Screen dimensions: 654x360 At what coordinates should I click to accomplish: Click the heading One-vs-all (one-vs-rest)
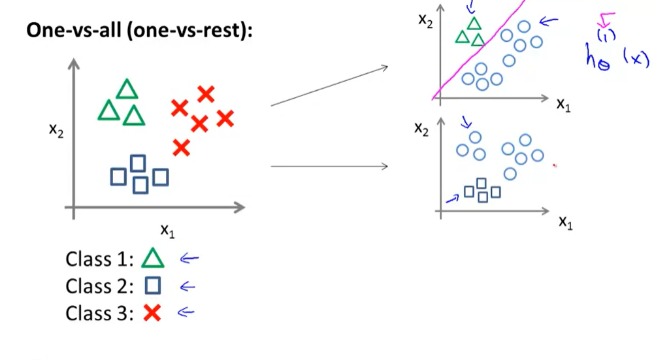pyautogui.click(x=139, y=31)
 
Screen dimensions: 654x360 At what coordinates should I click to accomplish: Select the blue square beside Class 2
pyautogui.click(x=153, y=286)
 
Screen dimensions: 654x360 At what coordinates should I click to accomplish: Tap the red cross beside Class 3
pyautogui.click(x=152, y=313)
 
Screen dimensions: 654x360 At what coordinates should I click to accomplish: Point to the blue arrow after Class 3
pyautogui.click(x=186, y=312)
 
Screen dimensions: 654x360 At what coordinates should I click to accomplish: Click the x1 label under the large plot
pyautogui.click(x=167, y=230)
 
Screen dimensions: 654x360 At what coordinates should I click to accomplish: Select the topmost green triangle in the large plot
pyautogui.click(x=127, y=90)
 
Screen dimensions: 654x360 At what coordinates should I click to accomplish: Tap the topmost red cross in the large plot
pyautogui.click(x=206, y=95)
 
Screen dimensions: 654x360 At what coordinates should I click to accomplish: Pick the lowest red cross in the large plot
pyautogui.click(x=182, y=148)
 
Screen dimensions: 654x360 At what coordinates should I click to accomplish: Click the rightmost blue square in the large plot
pyautogui.click(x=160, y=177)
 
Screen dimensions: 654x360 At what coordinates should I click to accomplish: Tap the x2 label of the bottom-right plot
pyautogui.click(x=422, y=129)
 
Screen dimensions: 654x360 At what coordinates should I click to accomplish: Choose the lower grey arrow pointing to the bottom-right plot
pyautogui.click(x=329, y=166)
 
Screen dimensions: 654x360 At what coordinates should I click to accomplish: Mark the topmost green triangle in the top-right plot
pyautogui.click(x=474, y=24)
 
